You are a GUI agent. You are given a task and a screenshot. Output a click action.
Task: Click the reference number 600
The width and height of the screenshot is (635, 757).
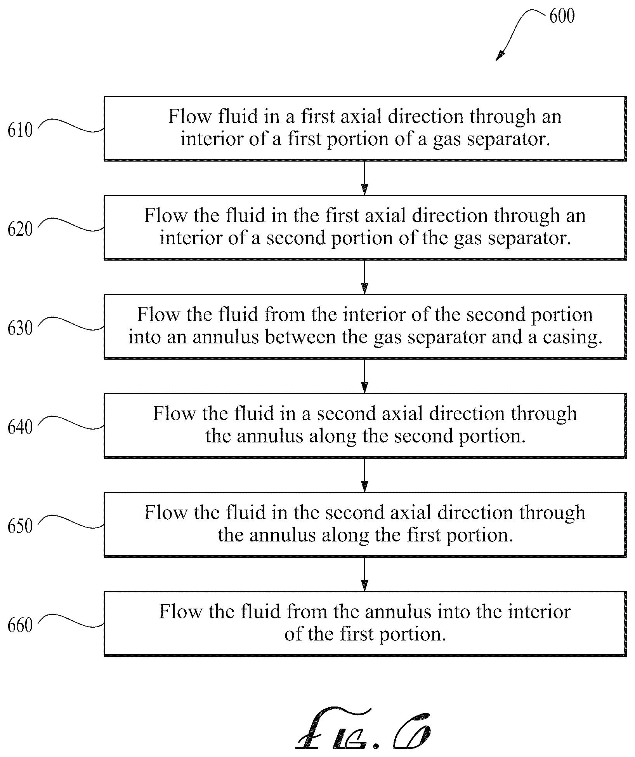tap(562, 16)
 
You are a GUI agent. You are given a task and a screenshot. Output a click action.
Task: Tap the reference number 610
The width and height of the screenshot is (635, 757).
tap(20, 130)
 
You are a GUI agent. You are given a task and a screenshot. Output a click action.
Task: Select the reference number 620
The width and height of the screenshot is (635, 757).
tap(20, 229)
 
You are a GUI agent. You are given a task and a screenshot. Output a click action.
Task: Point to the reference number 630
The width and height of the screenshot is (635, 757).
tap(20, 328)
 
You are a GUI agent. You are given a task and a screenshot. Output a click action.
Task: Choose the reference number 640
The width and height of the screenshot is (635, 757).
tap(20, 427)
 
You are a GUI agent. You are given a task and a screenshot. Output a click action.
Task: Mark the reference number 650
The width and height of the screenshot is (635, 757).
tap(20, 526)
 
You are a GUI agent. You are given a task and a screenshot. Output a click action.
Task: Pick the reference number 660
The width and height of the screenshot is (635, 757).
tap(20, 625)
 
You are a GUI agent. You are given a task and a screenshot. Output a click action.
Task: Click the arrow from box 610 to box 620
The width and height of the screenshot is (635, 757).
tap(364, 178)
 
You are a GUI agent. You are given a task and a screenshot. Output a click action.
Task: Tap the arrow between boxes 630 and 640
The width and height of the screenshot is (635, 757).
tap(364, 376)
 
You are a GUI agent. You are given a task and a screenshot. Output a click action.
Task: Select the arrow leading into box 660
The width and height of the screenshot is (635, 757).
tap(364, 574)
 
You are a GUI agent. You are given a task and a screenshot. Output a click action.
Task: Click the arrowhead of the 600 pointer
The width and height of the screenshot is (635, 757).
tap(500, 56)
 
